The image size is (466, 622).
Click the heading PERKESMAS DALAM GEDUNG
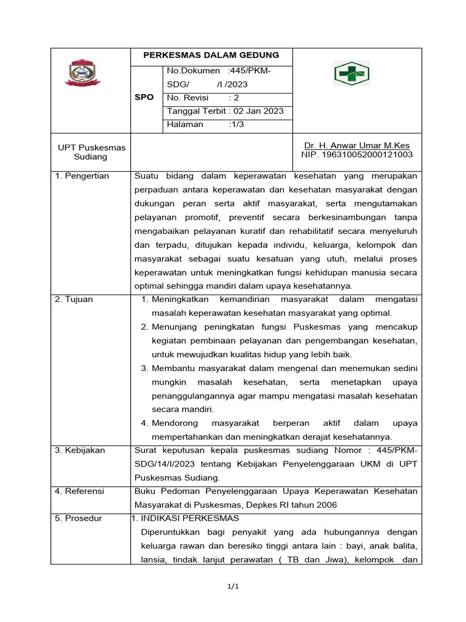point(211,55)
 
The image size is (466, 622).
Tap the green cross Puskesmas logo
point(351,73)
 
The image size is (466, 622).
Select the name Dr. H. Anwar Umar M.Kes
point(357,146)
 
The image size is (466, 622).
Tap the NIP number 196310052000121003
point(357,155)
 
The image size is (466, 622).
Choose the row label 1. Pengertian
point(82,176)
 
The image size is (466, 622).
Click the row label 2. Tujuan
point(74,299)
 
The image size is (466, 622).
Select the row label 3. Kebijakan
point(80,450)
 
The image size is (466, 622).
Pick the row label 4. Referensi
point(79,491)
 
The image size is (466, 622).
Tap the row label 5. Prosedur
point(78,518)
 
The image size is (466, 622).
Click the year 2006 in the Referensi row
point(325,505)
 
